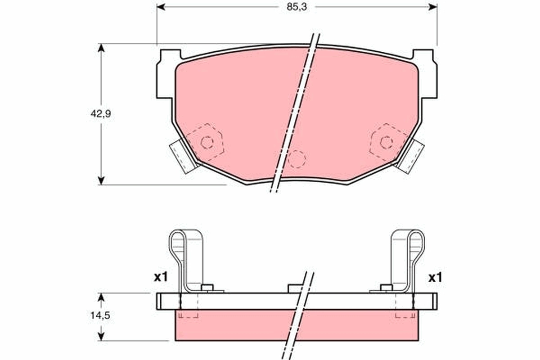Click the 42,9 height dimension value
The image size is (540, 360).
click(x=100, y=114)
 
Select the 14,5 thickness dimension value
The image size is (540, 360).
click(x=100, y=315)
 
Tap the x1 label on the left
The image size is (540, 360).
click(x=160, y=277)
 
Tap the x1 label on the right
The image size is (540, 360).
click(x=435, y=278)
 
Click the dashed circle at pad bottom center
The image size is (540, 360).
click(x=297, y=159)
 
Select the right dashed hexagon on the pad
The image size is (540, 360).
click(x=387, y=142)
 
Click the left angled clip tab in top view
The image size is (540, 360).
click(x=184, y=155)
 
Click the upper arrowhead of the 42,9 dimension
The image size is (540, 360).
click(x=101, y=48)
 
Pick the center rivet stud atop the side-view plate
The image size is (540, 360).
click(x=295, y=288)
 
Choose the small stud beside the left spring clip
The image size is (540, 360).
click(x=207, y=288)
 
